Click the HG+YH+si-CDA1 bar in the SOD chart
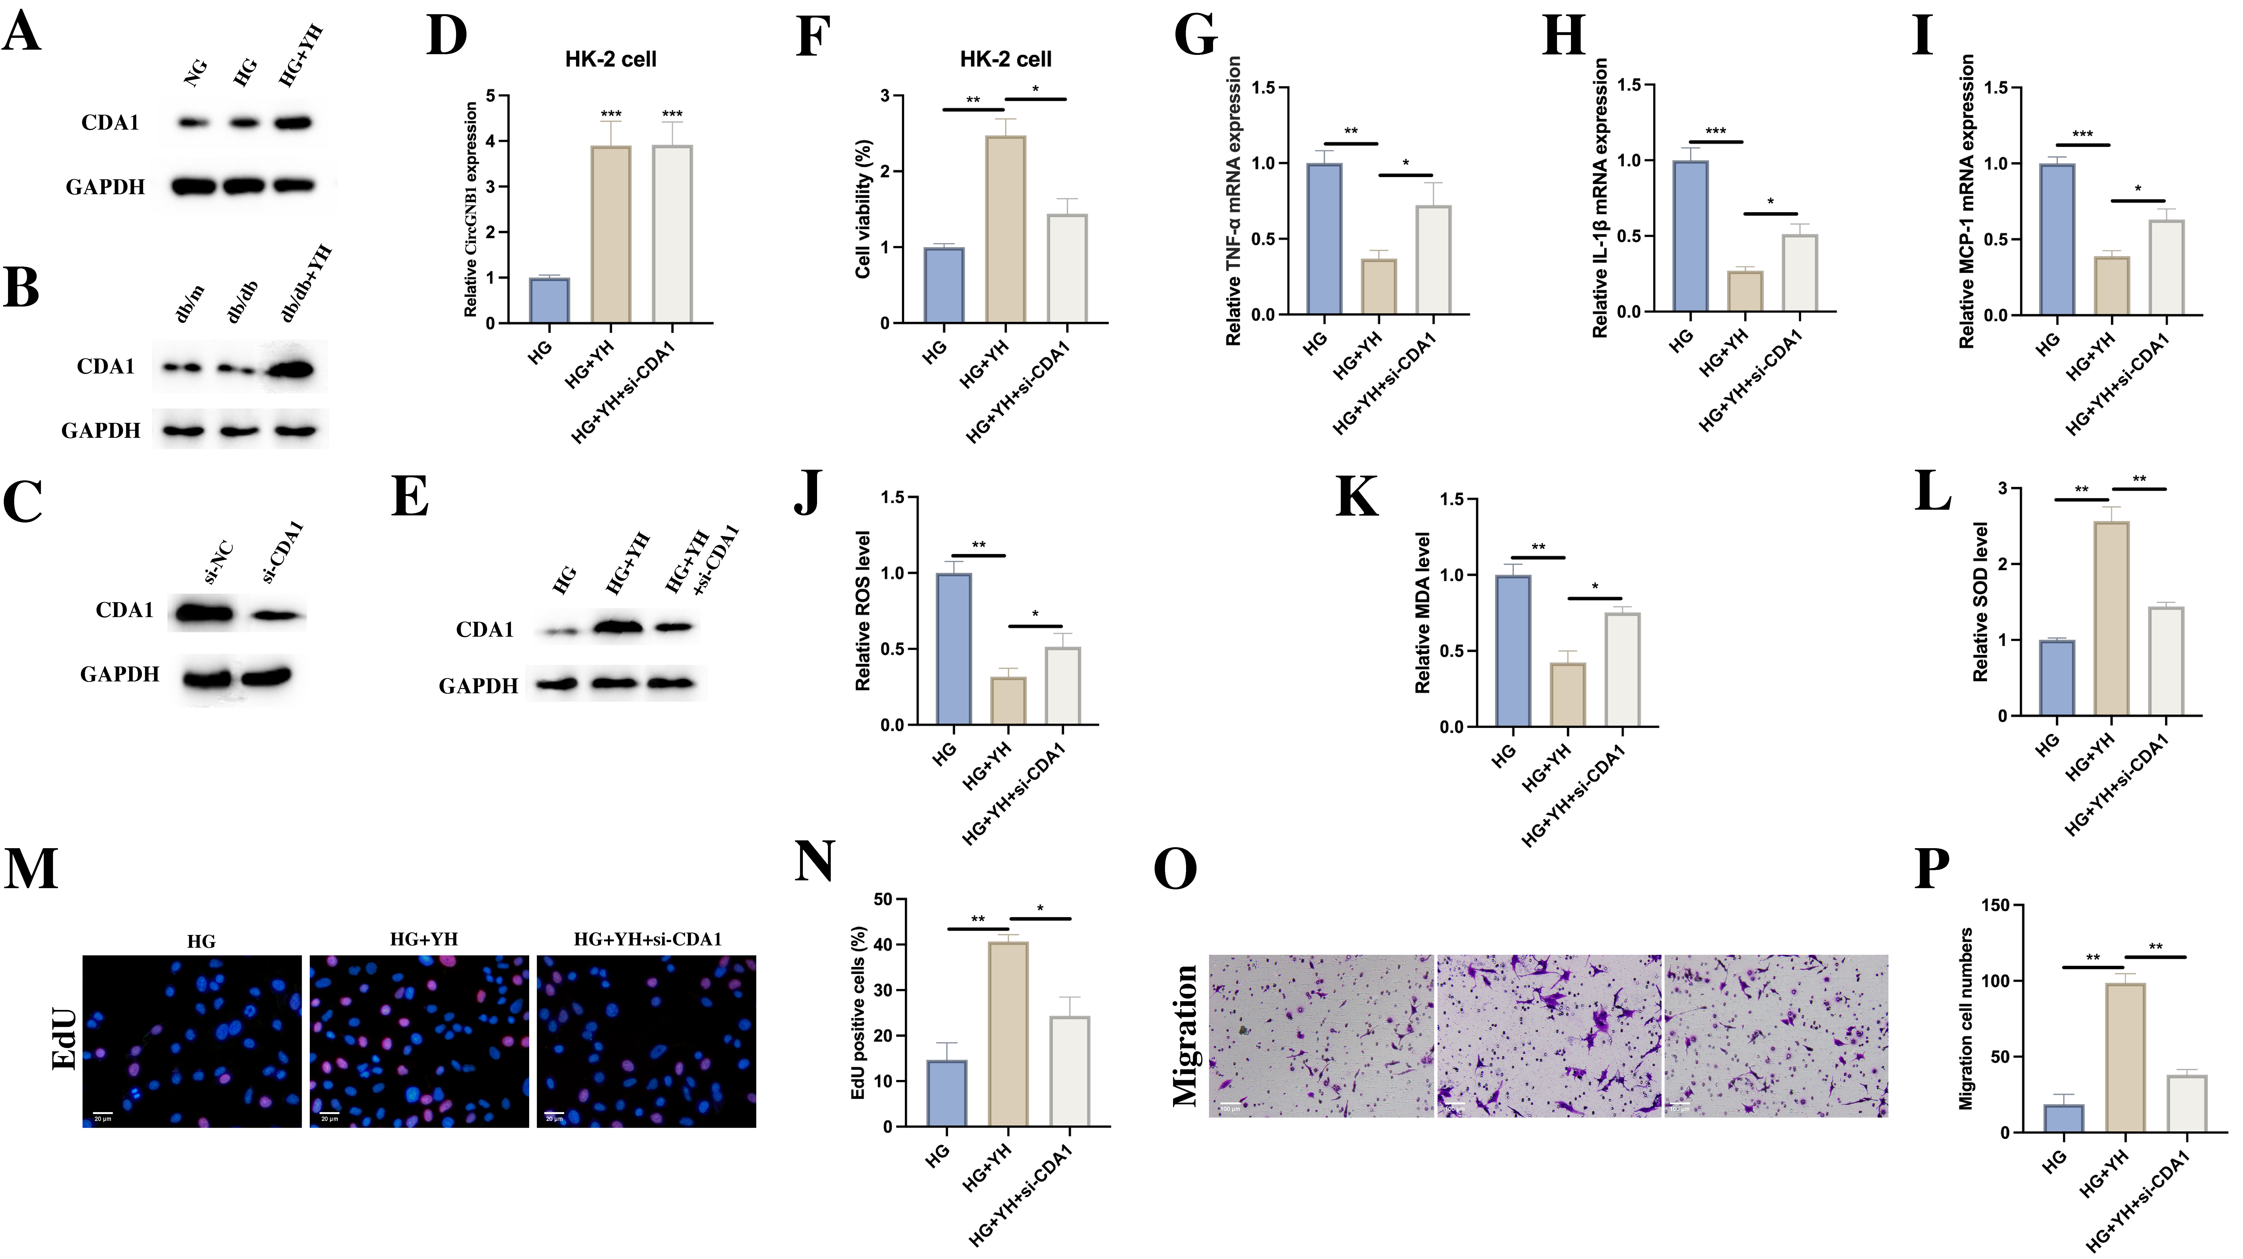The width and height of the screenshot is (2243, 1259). [x=2166, y=662]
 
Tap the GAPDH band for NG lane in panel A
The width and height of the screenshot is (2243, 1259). [x=193, y=185]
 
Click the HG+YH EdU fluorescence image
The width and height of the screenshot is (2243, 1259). [x=419, y=1041]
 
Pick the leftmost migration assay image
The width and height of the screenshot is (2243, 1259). [x=1320, y=1036]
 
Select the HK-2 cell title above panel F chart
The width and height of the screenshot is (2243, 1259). [x=1006, y=59]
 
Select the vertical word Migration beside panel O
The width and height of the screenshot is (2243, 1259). [x=1186, y=1036]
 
